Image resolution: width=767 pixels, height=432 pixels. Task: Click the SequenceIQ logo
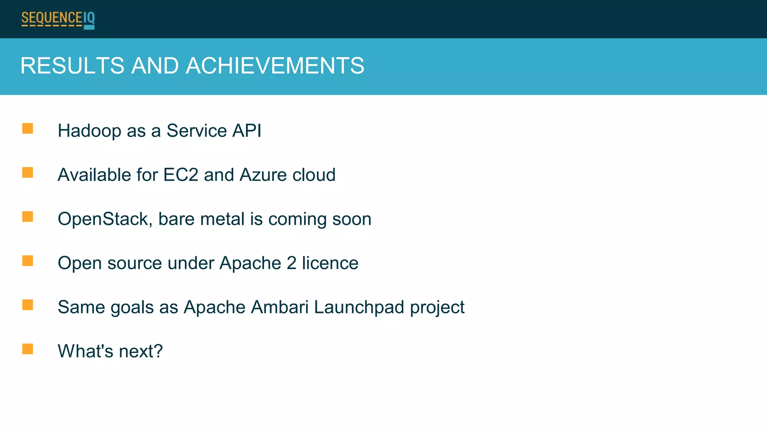click(58, 19)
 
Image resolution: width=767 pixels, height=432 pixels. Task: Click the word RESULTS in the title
click(72, 66)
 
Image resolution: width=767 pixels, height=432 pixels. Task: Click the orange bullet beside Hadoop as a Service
click(28, 128)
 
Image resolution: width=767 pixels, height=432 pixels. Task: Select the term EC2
click(181, 175)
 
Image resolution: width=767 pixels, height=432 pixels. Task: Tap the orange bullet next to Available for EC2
click(28, 173)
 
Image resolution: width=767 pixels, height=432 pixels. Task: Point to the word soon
click(352, 219)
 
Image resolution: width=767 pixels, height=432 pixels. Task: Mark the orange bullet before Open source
click(28, 261)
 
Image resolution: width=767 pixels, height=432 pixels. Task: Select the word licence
click(330, 263)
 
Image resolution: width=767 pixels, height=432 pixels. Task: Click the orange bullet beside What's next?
click(28, 349)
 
